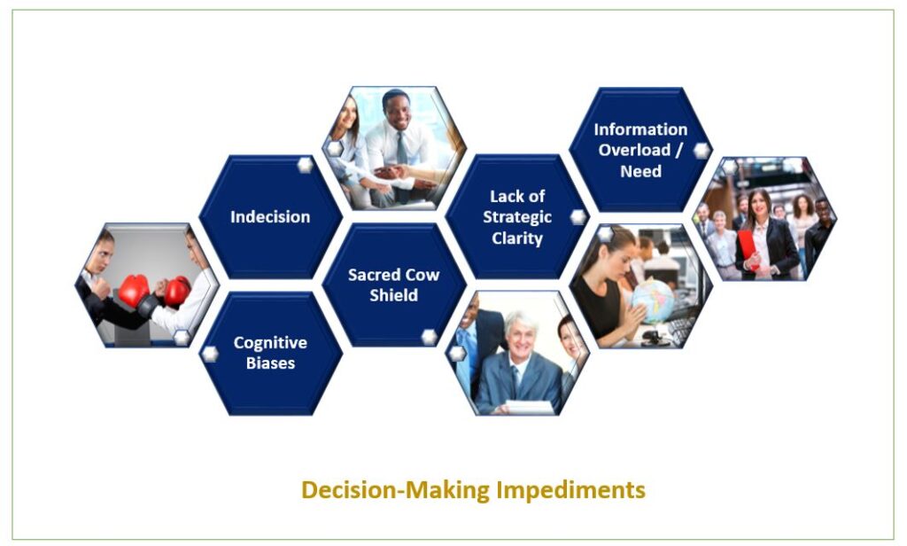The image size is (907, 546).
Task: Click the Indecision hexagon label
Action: point(270,216)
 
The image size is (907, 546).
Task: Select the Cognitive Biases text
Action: point(270,353)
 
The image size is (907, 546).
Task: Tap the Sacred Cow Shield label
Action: point(394,285)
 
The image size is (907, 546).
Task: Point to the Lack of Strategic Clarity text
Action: point(517,217)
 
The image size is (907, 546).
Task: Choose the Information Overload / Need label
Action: point(640,150)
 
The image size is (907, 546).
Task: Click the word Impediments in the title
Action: point(571,490)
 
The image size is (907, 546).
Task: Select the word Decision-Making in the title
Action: point(396,490)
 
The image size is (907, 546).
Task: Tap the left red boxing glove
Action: point(134,290)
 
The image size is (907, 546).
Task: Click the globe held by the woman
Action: point(653,300)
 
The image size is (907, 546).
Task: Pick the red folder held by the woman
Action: point(748,247)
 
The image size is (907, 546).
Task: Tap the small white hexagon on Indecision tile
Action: point(306,165)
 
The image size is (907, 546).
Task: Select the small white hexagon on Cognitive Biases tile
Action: point(210,354)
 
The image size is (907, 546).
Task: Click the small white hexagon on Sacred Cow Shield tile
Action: point(430,337)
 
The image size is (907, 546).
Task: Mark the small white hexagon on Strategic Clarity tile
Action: point(578,217)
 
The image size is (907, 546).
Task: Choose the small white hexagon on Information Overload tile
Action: point(702,151)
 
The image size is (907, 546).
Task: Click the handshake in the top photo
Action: point(393,173)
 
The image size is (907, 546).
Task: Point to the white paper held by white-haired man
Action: point(530,407)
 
